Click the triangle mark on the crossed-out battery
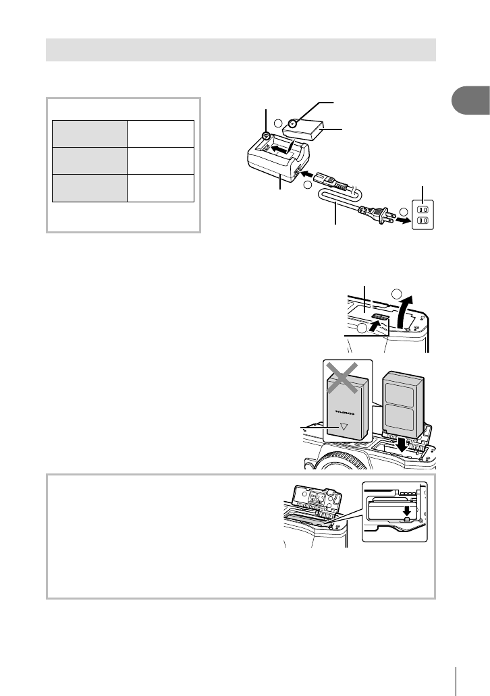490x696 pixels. pyautogui.click(x=344, y=426)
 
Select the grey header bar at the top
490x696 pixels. pyautogui.click(x=241, y=50)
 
